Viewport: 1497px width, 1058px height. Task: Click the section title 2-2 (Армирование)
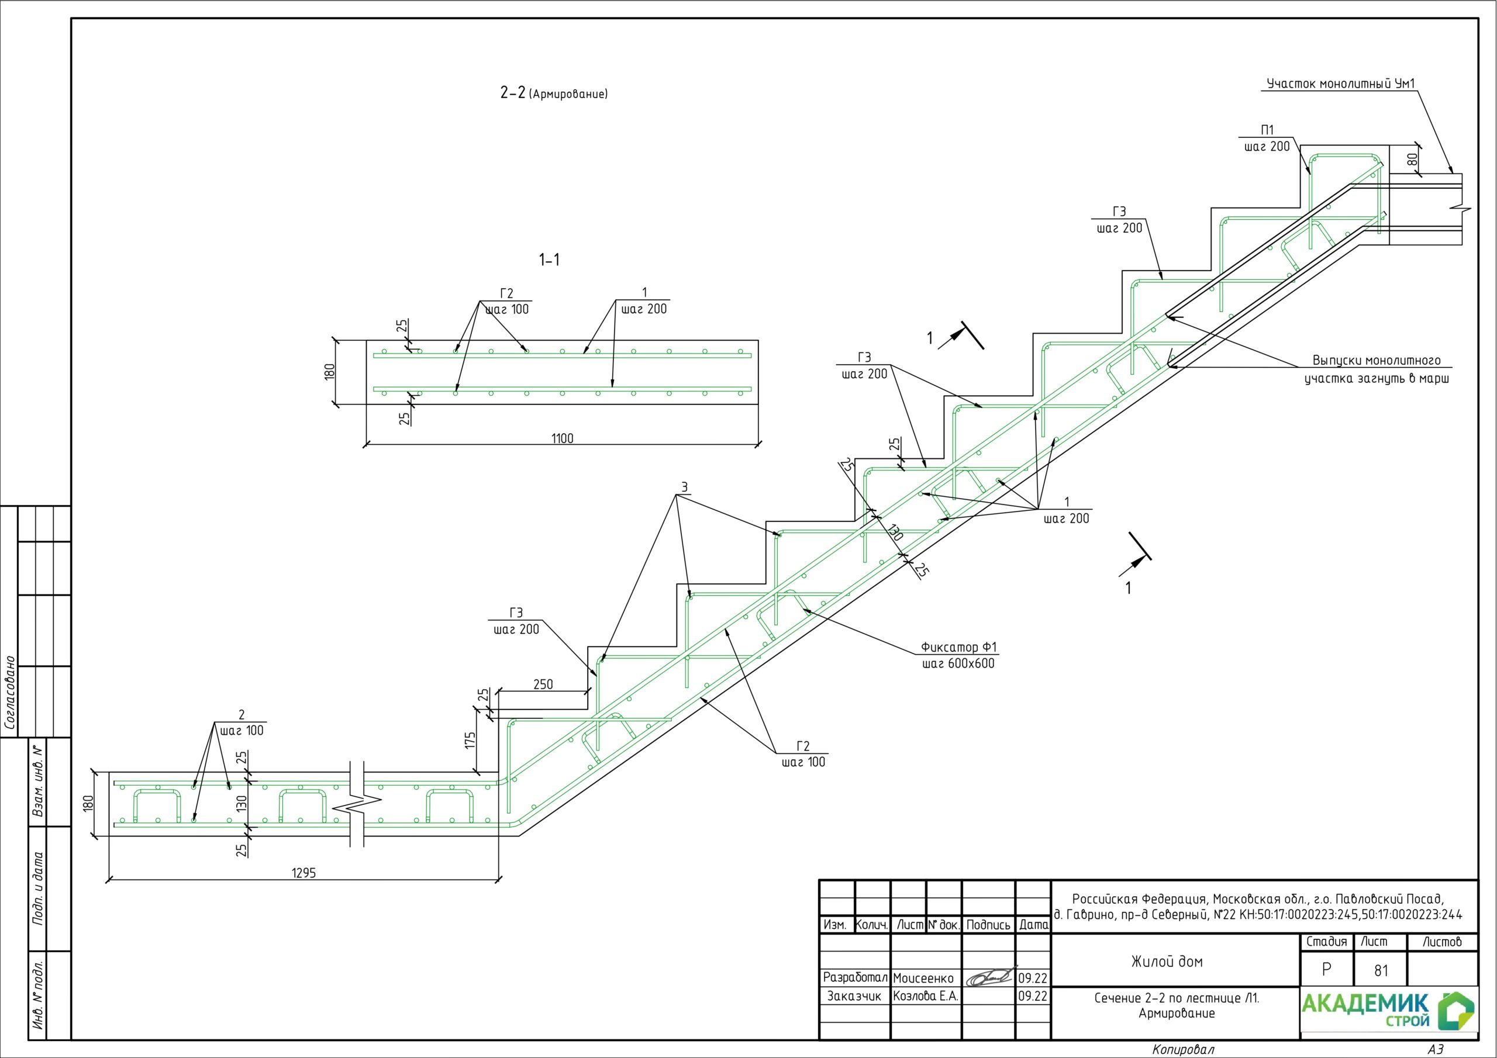click(554, 93)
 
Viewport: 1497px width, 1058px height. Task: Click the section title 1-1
click(549, 260)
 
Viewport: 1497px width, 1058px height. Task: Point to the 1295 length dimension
click(304, 873)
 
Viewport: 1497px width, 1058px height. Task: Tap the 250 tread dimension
click(543, 684)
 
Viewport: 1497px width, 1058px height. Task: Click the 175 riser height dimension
click(470, 741)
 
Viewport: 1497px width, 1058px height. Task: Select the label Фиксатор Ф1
click(958, 647)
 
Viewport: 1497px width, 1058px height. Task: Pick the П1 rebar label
click(1267, 130)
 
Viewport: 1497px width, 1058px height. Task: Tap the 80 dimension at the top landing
click(1412, 159)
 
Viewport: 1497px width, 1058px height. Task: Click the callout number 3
click(684, 487)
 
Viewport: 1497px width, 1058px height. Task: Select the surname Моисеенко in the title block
click(923, 978)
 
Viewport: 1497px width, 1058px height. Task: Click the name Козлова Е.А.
click(925, 996)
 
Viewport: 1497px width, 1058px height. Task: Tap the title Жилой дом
click(1167, 962)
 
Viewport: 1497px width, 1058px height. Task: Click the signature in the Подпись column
click(990, 977)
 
